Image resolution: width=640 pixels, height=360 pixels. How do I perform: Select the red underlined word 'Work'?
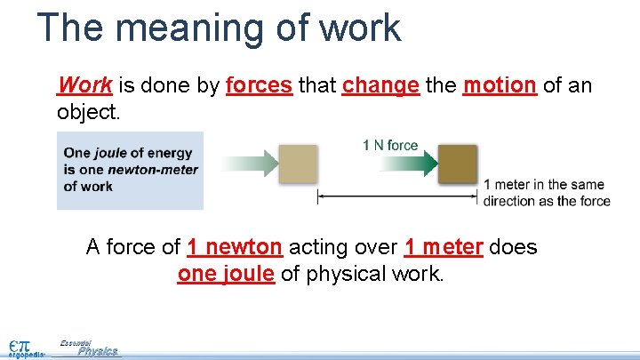coord(84,85)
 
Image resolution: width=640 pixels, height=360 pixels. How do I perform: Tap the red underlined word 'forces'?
coord(259,85)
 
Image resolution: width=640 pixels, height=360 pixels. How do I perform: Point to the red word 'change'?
coord(380,85)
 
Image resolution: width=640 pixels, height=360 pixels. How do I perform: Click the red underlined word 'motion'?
coord(500,85)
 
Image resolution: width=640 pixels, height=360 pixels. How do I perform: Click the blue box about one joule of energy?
coord(130,170)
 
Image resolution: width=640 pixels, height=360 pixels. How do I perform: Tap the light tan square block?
coord(298,164)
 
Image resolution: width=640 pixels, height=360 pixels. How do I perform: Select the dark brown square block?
coord(458,164)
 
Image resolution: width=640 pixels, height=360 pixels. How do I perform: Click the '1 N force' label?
coord(390,145)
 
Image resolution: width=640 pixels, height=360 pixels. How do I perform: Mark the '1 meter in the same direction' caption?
coord(546,192)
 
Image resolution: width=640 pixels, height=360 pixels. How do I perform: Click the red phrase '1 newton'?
coord(235,246)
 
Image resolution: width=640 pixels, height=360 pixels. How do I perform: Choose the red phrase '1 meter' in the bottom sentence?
coord(444,246)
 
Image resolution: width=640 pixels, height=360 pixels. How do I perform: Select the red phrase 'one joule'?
coord(226,274)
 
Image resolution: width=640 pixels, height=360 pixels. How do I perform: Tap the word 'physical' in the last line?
coord(341,274)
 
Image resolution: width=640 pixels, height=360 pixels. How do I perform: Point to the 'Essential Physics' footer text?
coord(89,348)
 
